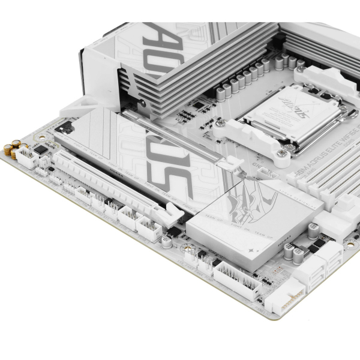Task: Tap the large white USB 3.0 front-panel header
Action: tap(230, 277)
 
